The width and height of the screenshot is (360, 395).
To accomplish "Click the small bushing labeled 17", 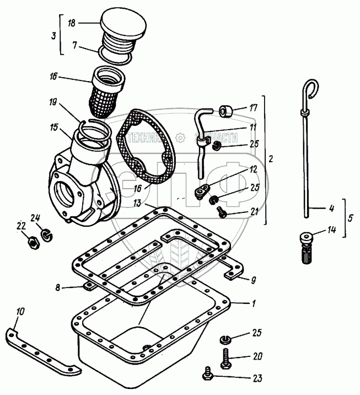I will tap(225, 111).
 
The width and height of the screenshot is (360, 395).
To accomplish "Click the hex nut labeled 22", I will tap(32, 242).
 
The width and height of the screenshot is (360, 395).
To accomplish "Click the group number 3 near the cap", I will tap(52, 35).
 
